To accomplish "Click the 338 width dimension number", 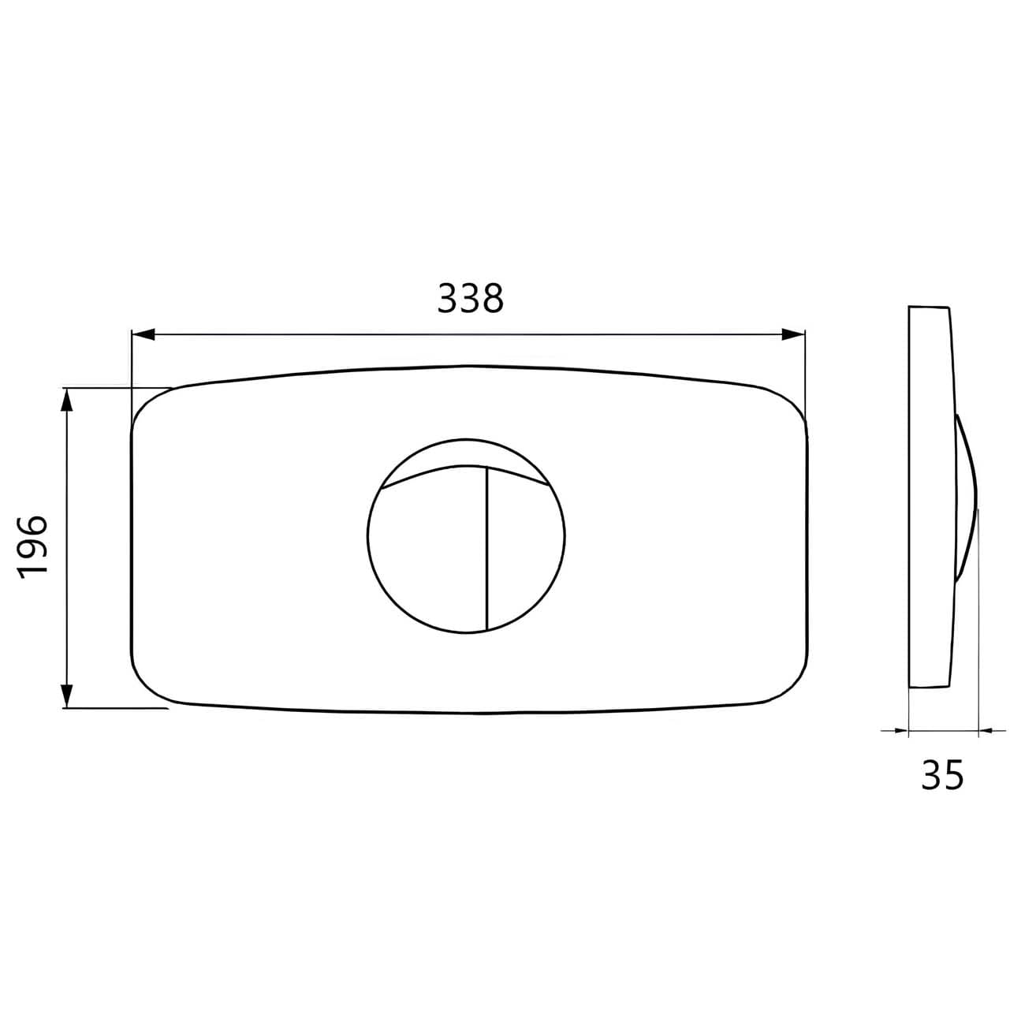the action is point(470,298).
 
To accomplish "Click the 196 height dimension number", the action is point(33,547).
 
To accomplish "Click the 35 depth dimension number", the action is point(942,775).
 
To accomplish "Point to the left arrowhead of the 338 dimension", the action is point(143,334).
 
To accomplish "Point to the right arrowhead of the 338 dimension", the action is point(793,334).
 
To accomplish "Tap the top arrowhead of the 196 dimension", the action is point(66,401).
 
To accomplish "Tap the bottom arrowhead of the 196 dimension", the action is point(66,695).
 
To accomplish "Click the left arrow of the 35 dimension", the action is point(895,731).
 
